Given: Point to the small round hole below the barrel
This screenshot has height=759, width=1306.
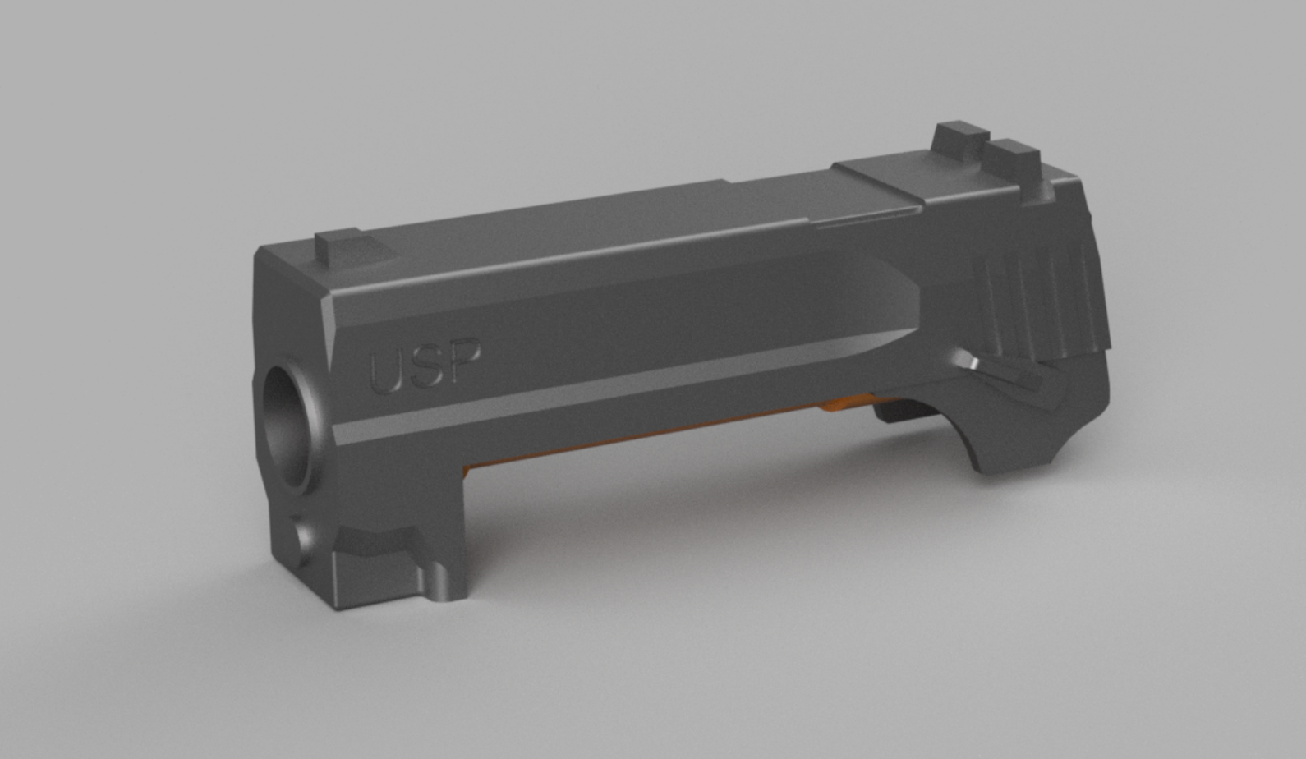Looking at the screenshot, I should click(x=301, y=542).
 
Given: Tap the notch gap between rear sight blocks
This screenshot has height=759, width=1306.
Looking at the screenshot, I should click(x=984, y=148).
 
